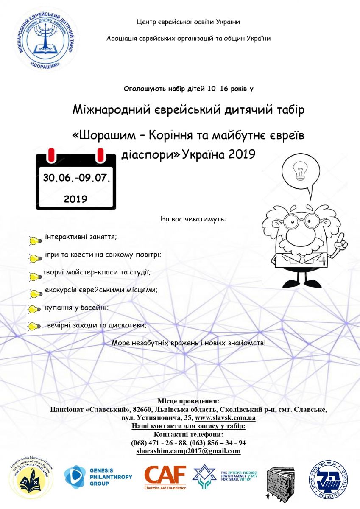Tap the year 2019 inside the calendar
click(x=75, y=199)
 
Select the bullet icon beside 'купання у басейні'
click(x=34, y=309)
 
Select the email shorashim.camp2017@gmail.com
click(x=188, y=451)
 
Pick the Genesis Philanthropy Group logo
click(x=98, y=477)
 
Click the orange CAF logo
click(x=165, y=477)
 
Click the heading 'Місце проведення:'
click(x=188, y=401)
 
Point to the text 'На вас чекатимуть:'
click(x=193, y=220)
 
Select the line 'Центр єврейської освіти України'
click(x=189, y=22)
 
